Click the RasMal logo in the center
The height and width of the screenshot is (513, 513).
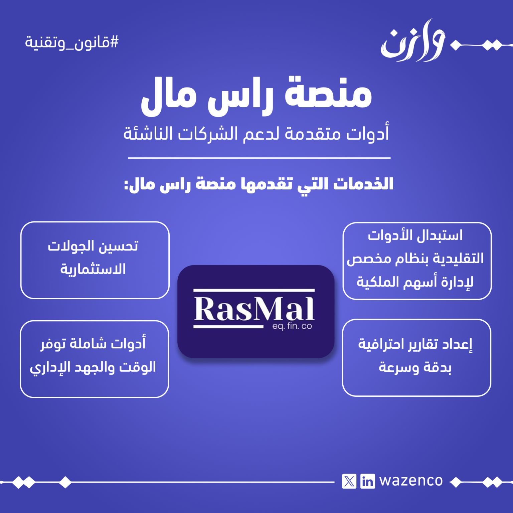coord(256,311)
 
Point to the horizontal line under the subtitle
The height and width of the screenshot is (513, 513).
coord(259,157)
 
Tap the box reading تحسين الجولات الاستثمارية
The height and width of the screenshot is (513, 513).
coord(95,260)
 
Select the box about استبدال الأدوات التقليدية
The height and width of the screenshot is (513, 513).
coord(417,261)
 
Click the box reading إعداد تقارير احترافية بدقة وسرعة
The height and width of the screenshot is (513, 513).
coord(416,358)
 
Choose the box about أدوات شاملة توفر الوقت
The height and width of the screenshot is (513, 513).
coord(94,359)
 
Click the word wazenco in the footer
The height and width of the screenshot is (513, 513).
coord(411,481)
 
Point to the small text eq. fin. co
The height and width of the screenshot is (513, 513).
coord(292,326)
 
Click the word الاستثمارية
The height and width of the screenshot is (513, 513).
coord(93,269)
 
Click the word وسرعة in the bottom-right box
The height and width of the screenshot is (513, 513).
coord(396,367)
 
